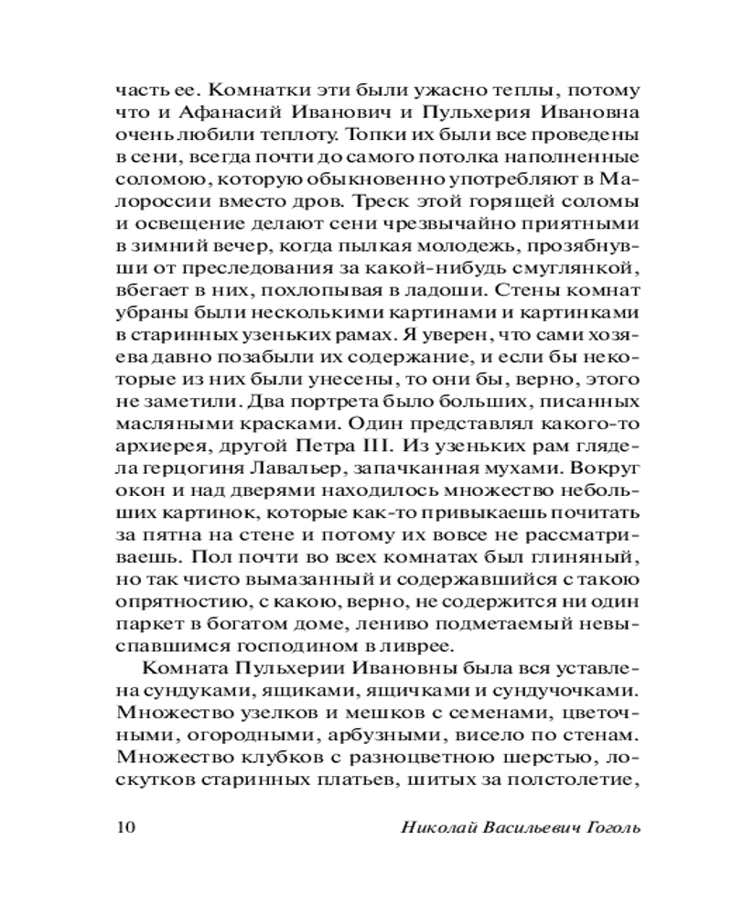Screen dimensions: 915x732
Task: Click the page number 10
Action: [x=126, y=828]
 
